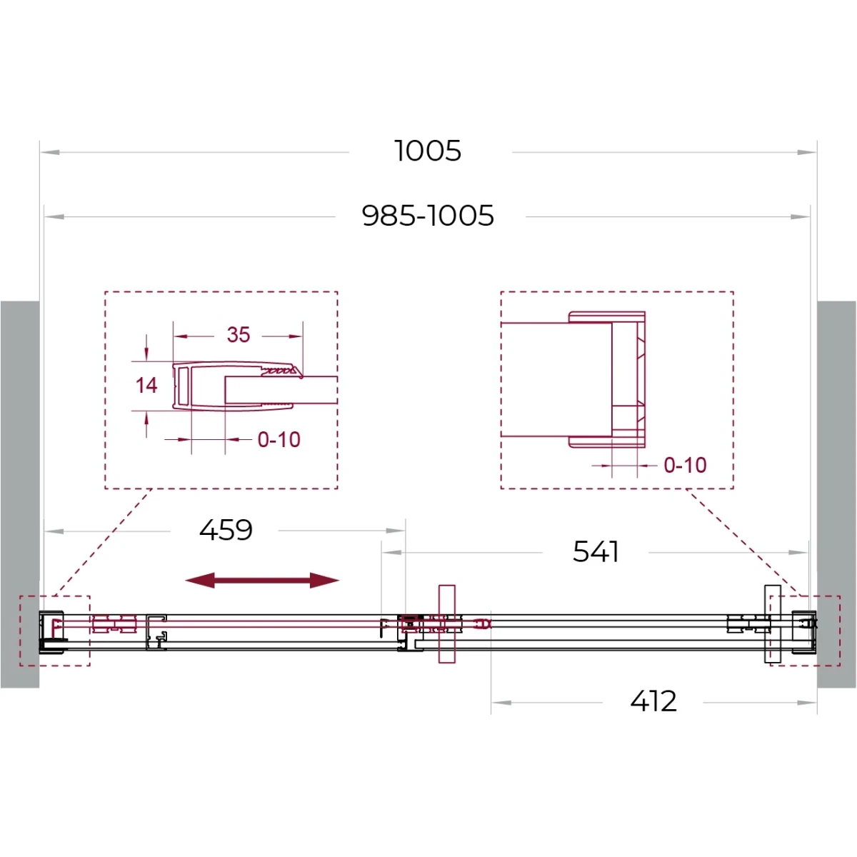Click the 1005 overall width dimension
(x=427, y=151)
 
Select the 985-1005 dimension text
(x=428, y=216)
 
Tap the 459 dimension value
(x=226, y=530)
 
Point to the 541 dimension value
(x=596, y=552)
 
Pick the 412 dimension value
(x=653, y=701)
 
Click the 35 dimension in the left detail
(x=239, y=335)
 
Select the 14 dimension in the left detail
(x=146, y=385)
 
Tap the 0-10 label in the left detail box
(x=279, y=439)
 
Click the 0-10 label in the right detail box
(x=685, y=465)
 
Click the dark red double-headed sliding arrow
(x=262, y=580)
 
